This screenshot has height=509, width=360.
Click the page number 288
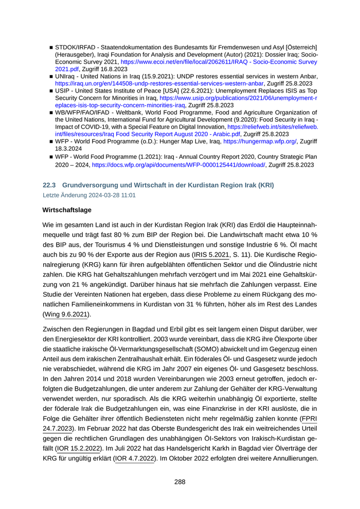click(x=179, y=482)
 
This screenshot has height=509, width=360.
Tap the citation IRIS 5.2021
click(x=211, y=254)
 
